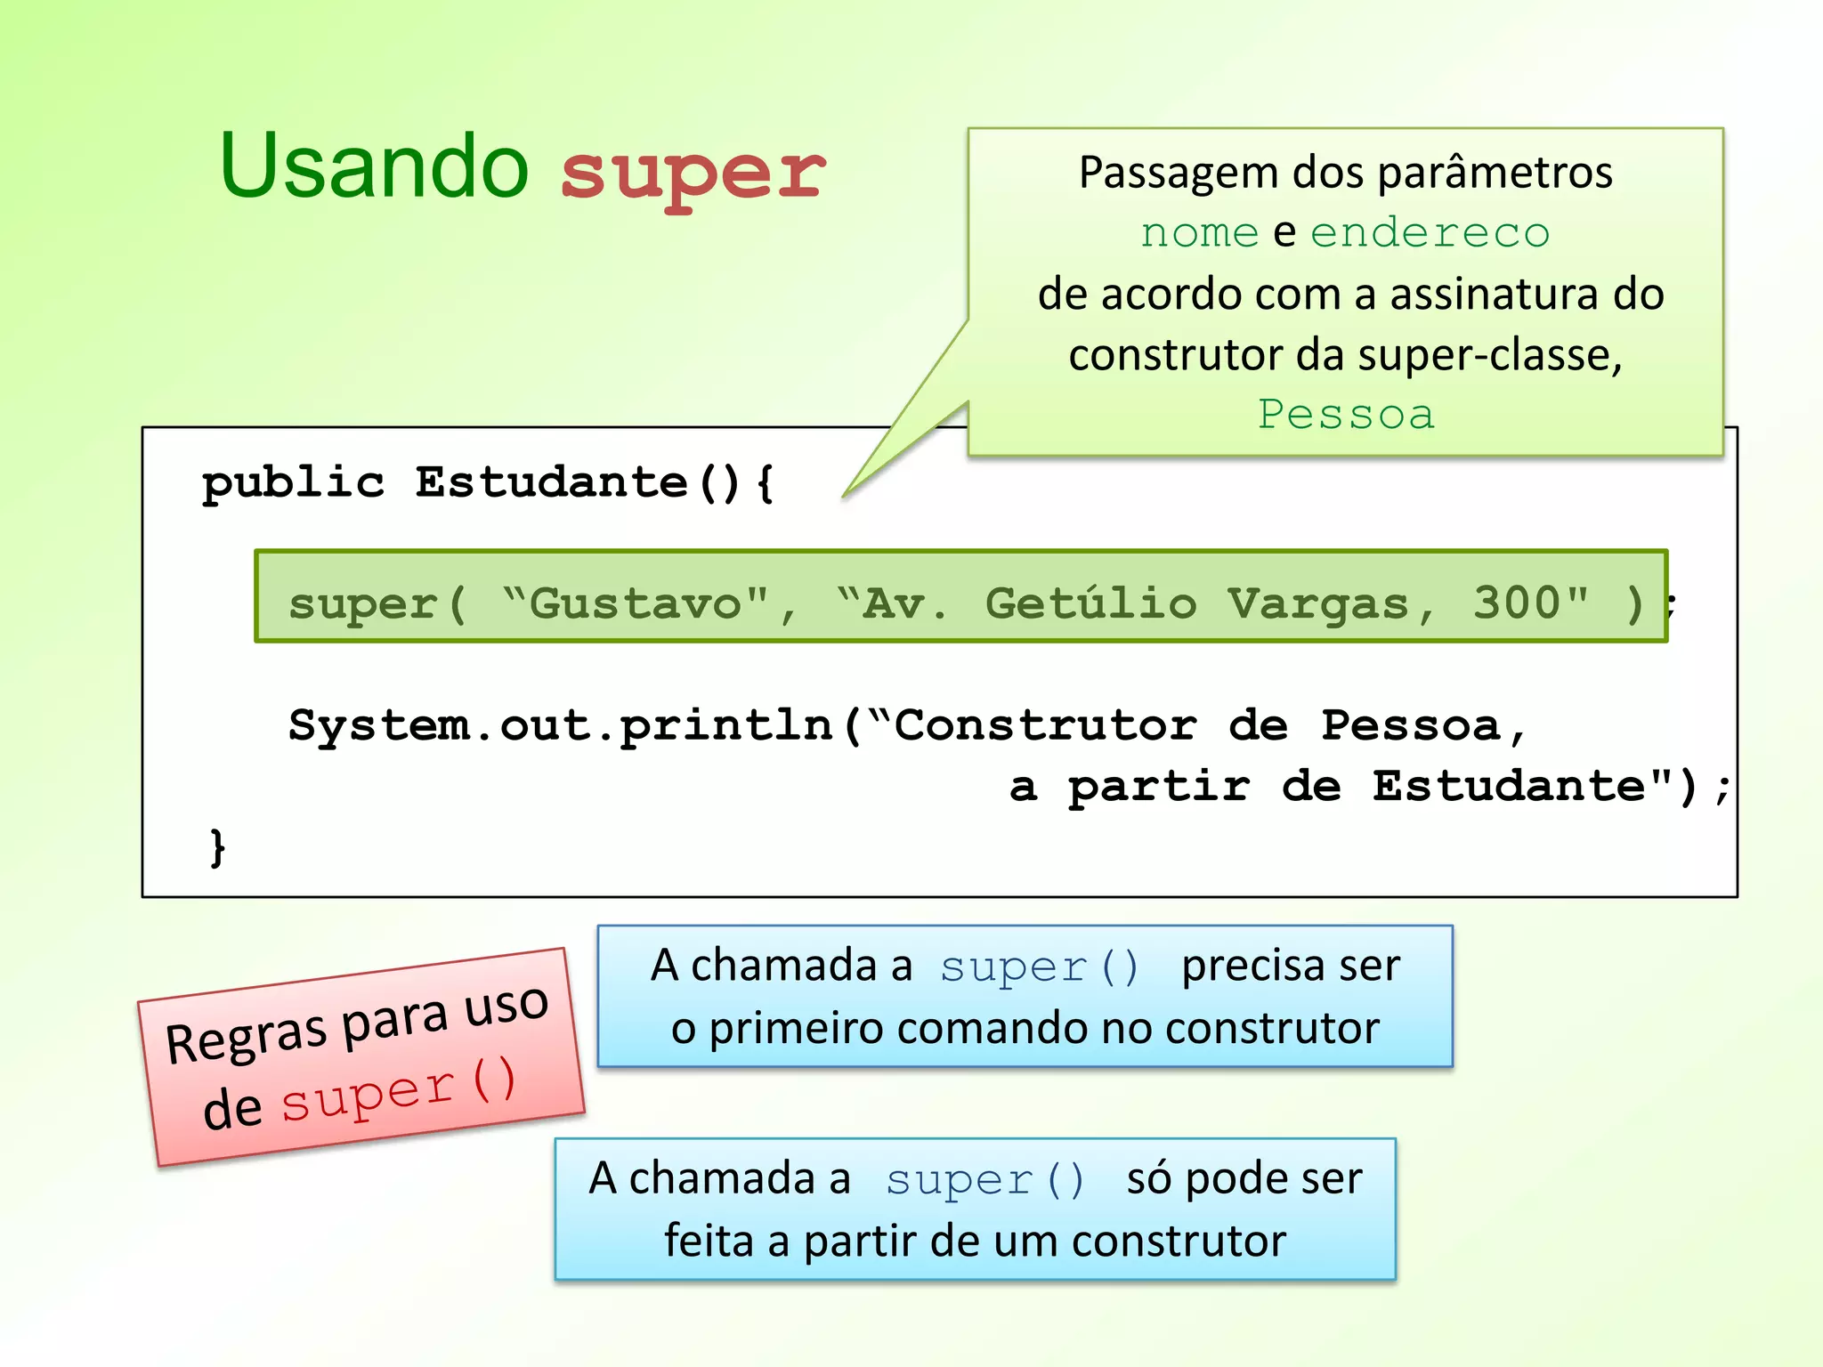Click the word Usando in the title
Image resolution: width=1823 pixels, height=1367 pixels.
[x=374, y=167]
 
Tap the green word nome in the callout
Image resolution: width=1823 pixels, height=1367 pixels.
[x=1199, y=233]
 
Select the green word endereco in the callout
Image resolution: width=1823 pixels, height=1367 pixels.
[x=1430, y=233]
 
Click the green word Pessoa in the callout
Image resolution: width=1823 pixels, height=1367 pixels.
[x=1346, y=415]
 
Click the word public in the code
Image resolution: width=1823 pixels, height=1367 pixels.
[x=293, y=484]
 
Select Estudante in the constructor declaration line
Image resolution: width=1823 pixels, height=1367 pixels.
[x=551, y=483]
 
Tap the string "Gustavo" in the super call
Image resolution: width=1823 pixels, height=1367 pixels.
[x=636, y=604]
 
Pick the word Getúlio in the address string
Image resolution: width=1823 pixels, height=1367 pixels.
[x=1090, y=603]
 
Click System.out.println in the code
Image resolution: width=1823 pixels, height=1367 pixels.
[x=561, y=726]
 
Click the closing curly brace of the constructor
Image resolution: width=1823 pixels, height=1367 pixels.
[x=217, y=846]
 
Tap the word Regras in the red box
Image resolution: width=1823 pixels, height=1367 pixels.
[x=247, y=1039]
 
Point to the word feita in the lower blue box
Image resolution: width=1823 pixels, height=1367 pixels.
[x=708, y=1241]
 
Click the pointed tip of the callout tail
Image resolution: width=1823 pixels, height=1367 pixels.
[x=845, y=496]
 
